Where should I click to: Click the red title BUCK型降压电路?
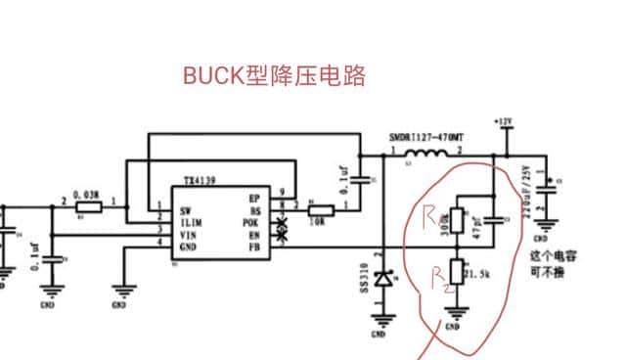tap(274, 76)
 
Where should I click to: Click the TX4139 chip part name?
tap(201, 182)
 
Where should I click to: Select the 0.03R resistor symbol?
tap(89, 207)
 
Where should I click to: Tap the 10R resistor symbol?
tap(320, 209)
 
